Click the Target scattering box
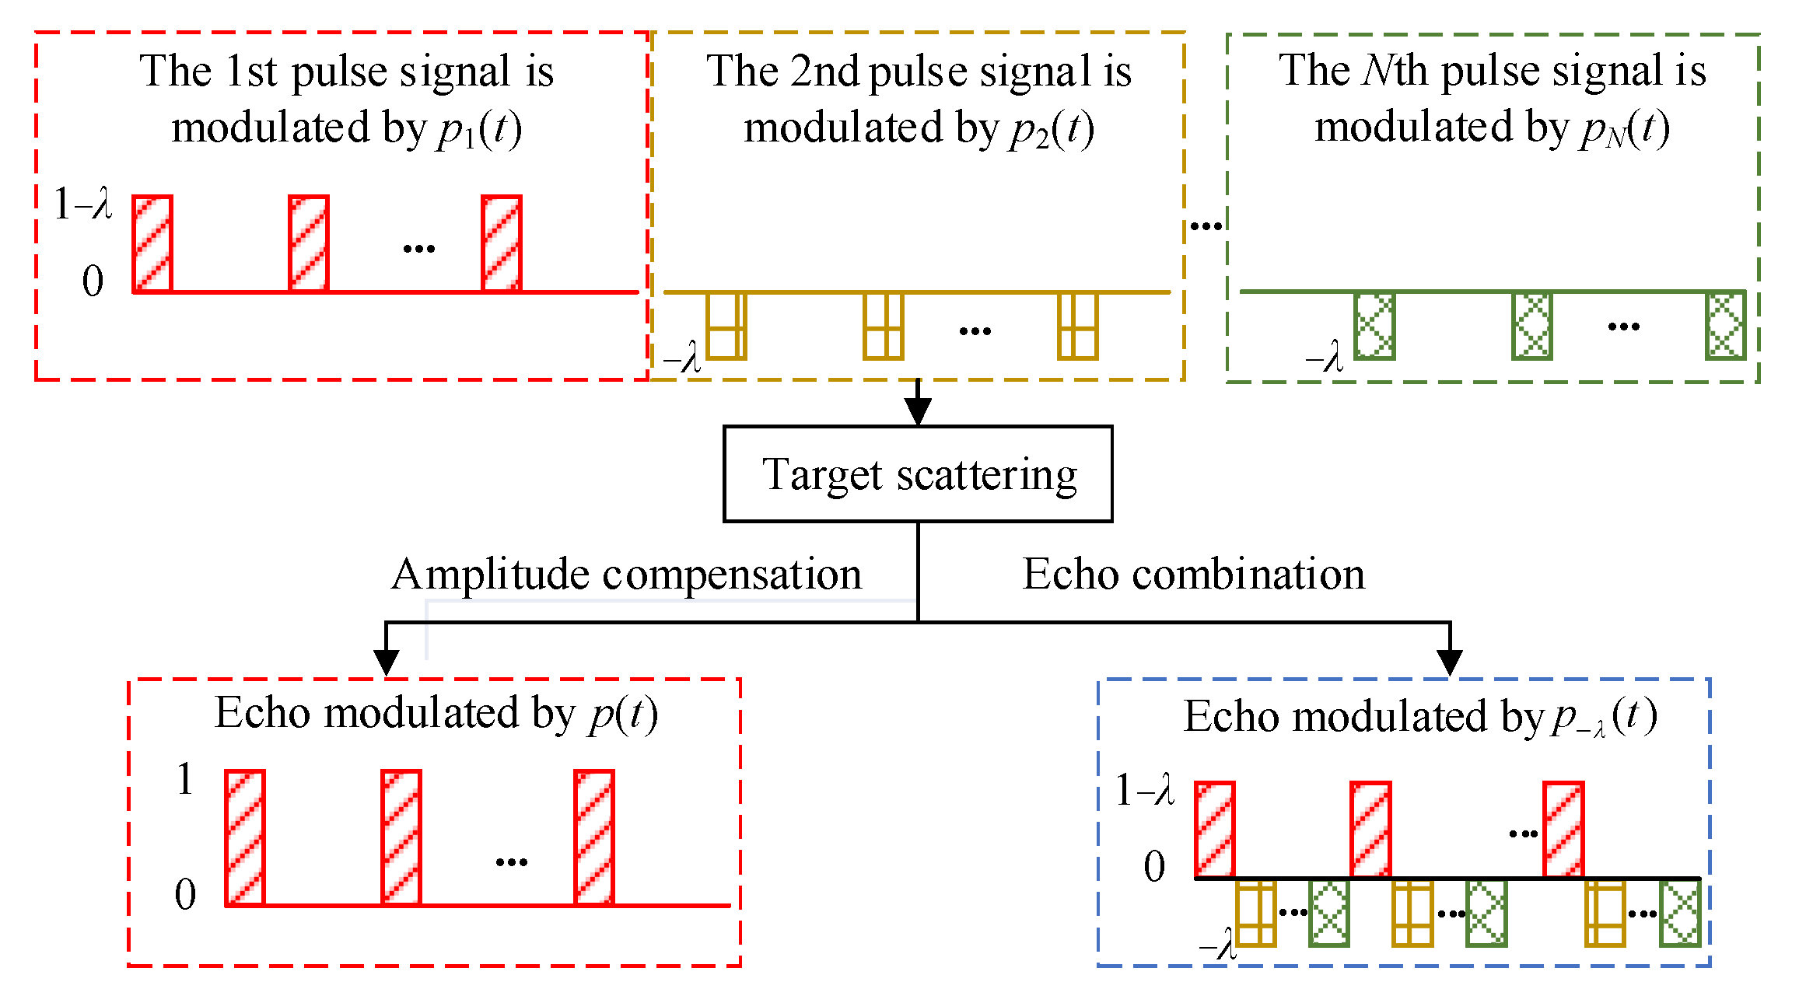click(918, 474)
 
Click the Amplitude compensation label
click(626, 575)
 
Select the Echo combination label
click(1193, 575)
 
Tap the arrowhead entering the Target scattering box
click(918, 412)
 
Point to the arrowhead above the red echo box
click(387, 662)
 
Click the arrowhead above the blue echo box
click(1449, 662)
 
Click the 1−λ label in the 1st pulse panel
click(82, 204)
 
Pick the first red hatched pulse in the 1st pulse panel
click(152, 244)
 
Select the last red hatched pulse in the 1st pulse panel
click(501, 244)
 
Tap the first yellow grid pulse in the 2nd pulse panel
click(726, 326)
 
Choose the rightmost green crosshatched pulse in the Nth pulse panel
click(1725, 326)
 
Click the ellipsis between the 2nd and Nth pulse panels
click(1206, 226)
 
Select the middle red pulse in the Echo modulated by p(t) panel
click(401, 837)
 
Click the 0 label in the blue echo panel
click(1154, 866)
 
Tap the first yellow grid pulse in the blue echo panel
click(1255, 913)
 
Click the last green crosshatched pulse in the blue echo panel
click(1680, 913)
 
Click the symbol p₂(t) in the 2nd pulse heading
click(1052, 129)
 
